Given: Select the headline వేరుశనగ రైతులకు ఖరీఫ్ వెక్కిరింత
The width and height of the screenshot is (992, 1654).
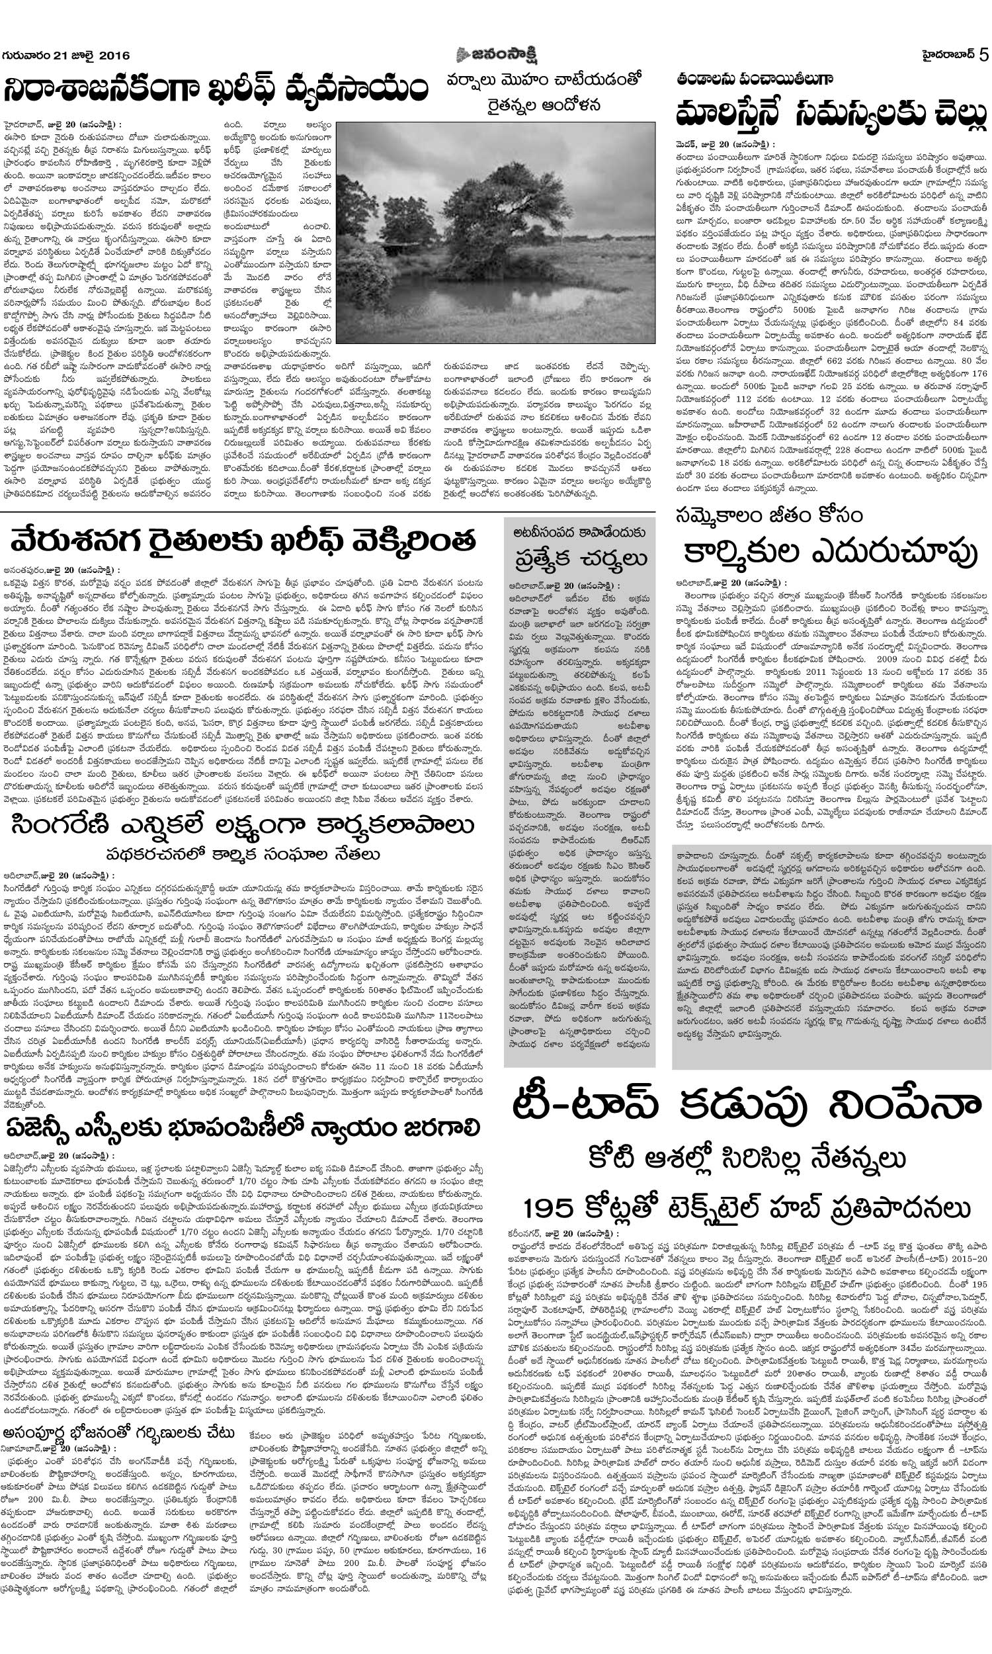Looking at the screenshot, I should point(243,540).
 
